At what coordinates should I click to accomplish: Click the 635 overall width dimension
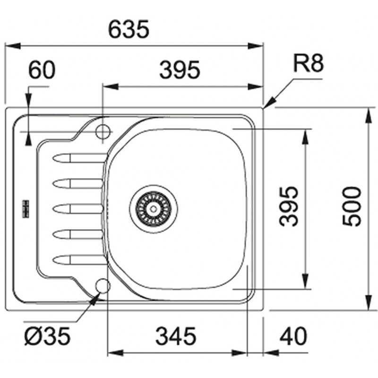pyautogui.click(x=129, y=29)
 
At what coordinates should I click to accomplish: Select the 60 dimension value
pyautogui.click(x=42, y=69)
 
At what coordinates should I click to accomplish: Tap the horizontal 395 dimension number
pyautogui.click(x=180, y=70)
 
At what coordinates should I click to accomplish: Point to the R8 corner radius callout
pyautogui.click(x=309, y=63)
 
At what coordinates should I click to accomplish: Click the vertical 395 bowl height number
pyautogui.click(x=289, y=206)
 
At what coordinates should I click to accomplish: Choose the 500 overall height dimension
pyautogui.click(x=352, y=206)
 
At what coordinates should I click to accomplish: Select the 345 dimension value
pyautogui.click(x=176, y=336)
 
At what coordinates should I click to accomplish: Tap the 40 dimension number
pyautogui.click(x=293, y=336)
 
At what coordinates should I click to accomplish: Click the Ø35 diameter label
pyautogui.click(x=47, y=336)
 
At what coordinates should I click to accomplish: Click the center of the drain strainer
pyautogui.click(x=153, y=209)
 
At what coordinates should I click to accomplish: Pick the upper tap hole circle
pyautogui.click(x=103, y=132)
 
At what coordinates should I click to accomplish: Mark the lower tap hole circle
pyautogui.click(x=103, y=286)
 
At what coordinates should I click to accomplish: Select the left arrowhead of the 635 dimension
pyautogui.click(x=13, y=46)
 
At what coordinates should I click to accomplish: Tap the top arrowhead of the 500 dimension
pyautogui.click(x=369, y=116)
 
